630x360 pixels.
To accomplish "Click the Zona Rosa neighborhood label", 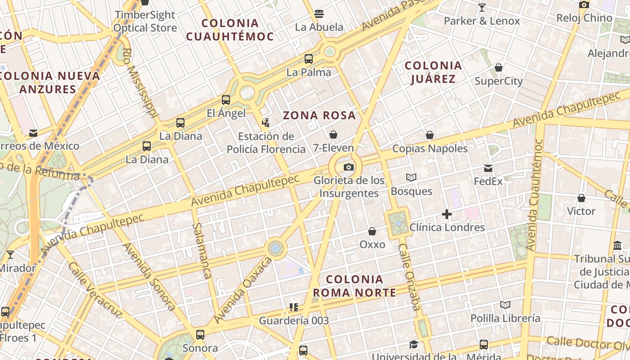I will (319, 116).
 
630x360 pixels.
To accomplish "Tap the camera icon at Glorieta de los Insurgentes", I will (348, 167).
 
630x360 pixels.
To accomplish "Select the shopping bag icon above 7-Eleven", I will (333, 135).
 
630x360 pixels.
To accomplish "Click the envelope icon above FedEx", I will (488, 169).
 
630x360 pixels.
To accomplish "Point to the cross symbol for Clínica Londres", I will (446, 214).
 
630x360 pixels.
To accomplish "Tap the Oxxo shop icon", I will (372, 231).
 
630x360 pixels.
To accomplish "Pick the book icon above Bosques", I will (411, 178).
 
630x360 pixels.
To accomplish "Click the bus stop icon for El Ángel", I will (226, 100).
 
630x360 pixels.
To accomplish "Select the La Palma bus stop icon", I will (309, 59).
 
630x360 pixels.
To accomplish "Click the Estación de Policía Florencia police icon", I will (266, 122).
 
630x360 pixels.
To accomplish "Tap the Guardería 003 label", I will (293, 321).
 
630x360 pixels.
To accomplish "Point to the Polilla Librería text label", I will (505, 318).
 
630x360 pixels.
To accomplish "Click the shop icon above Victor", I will (581, 198).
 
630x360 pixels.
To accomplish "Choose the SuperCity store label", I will (499, 81).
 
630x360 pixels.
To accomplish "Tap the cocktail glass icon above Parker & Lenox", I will (482, 8).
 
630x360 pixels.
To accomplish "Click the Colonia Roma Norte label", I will (355, 286).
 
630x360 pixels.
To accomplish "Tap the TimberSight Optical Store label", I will (145, 21).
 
